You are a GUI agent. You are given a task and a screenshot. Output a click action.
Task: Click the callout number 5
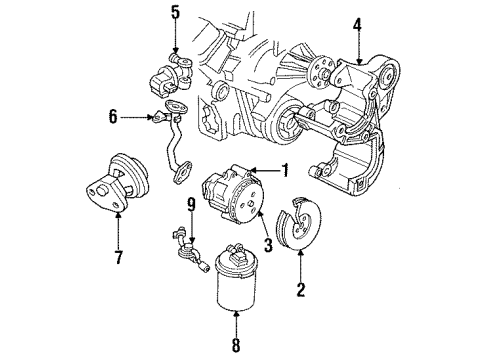tap(174, 13)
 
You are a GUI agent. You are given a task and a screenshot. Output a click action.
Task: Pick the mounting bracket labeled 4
tap(365, 130)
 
